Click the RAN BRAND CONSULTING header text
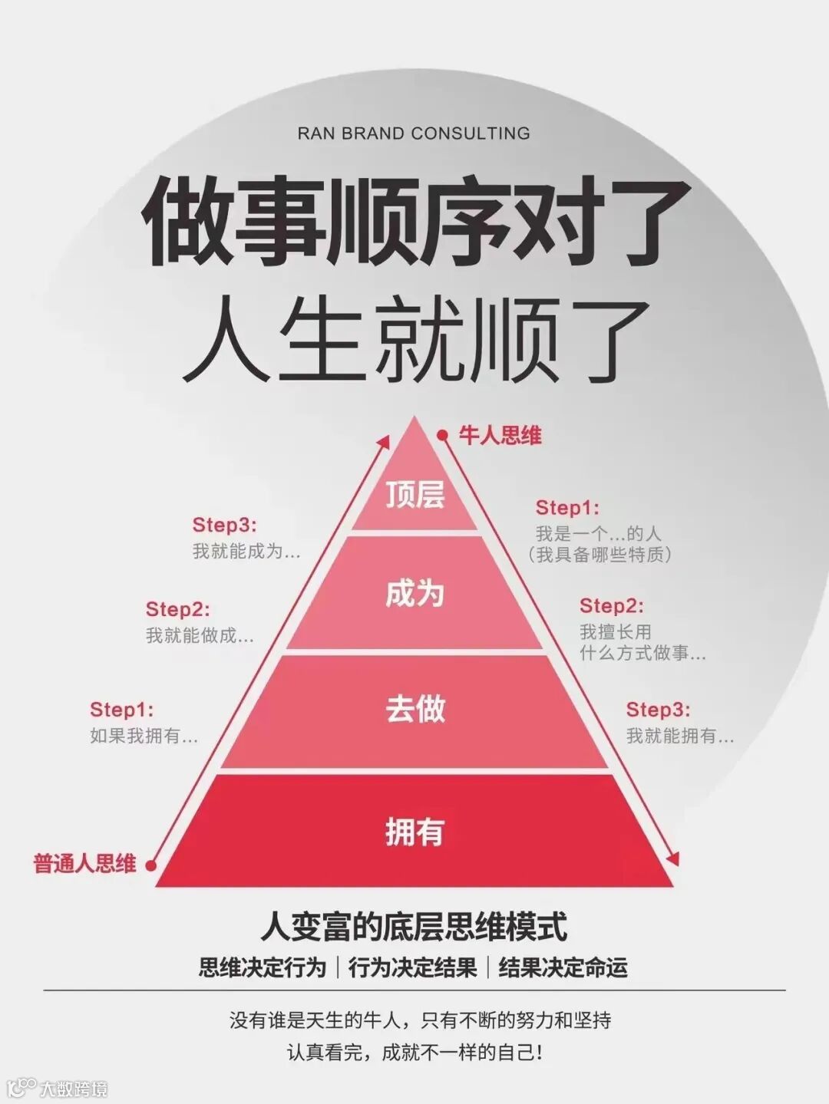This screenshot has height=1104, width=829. pos(414,133)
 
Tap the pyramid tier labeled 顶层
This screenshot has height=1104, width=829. pos(414,494)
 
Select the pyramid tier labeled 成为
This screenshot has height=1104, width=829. pos(414,593)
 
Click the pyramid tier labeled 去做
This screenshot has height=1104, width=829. pos(414,709)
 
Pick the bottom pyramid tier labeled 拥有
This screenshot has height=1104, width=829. pos(414,831)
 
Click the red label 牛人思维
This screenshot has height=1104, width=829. pos(500,436)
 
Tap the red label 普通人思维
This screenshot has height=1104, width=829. pos(84,864)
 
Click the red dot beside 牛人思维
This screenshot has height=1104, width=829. pos(442,436)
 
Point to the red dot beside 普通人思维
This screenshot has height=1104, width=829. pos(150,865)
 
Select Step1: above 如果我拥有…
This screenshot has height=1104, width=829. pos(121,710)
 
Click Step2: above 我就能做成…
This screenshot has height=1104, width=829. pos(177,609)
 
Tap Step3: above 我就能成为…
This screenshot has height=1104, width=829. pos(224,525)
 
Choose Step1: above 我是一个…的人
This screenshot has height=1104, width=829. pos(567,507)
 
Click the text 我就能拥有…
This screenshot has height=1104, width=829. pos(679,736)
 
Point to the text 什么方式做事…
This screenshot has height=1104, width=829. pos(642,654)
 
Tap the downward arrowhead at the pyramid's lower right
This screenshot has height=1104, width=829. pos(674,859)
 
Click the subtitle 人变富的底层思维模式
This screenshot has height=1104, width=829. pos(414,926)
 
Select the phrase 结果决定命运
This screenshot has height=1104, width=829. pos(563,967)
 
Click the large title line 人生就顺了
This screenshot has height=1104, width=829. pos(414,341)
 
